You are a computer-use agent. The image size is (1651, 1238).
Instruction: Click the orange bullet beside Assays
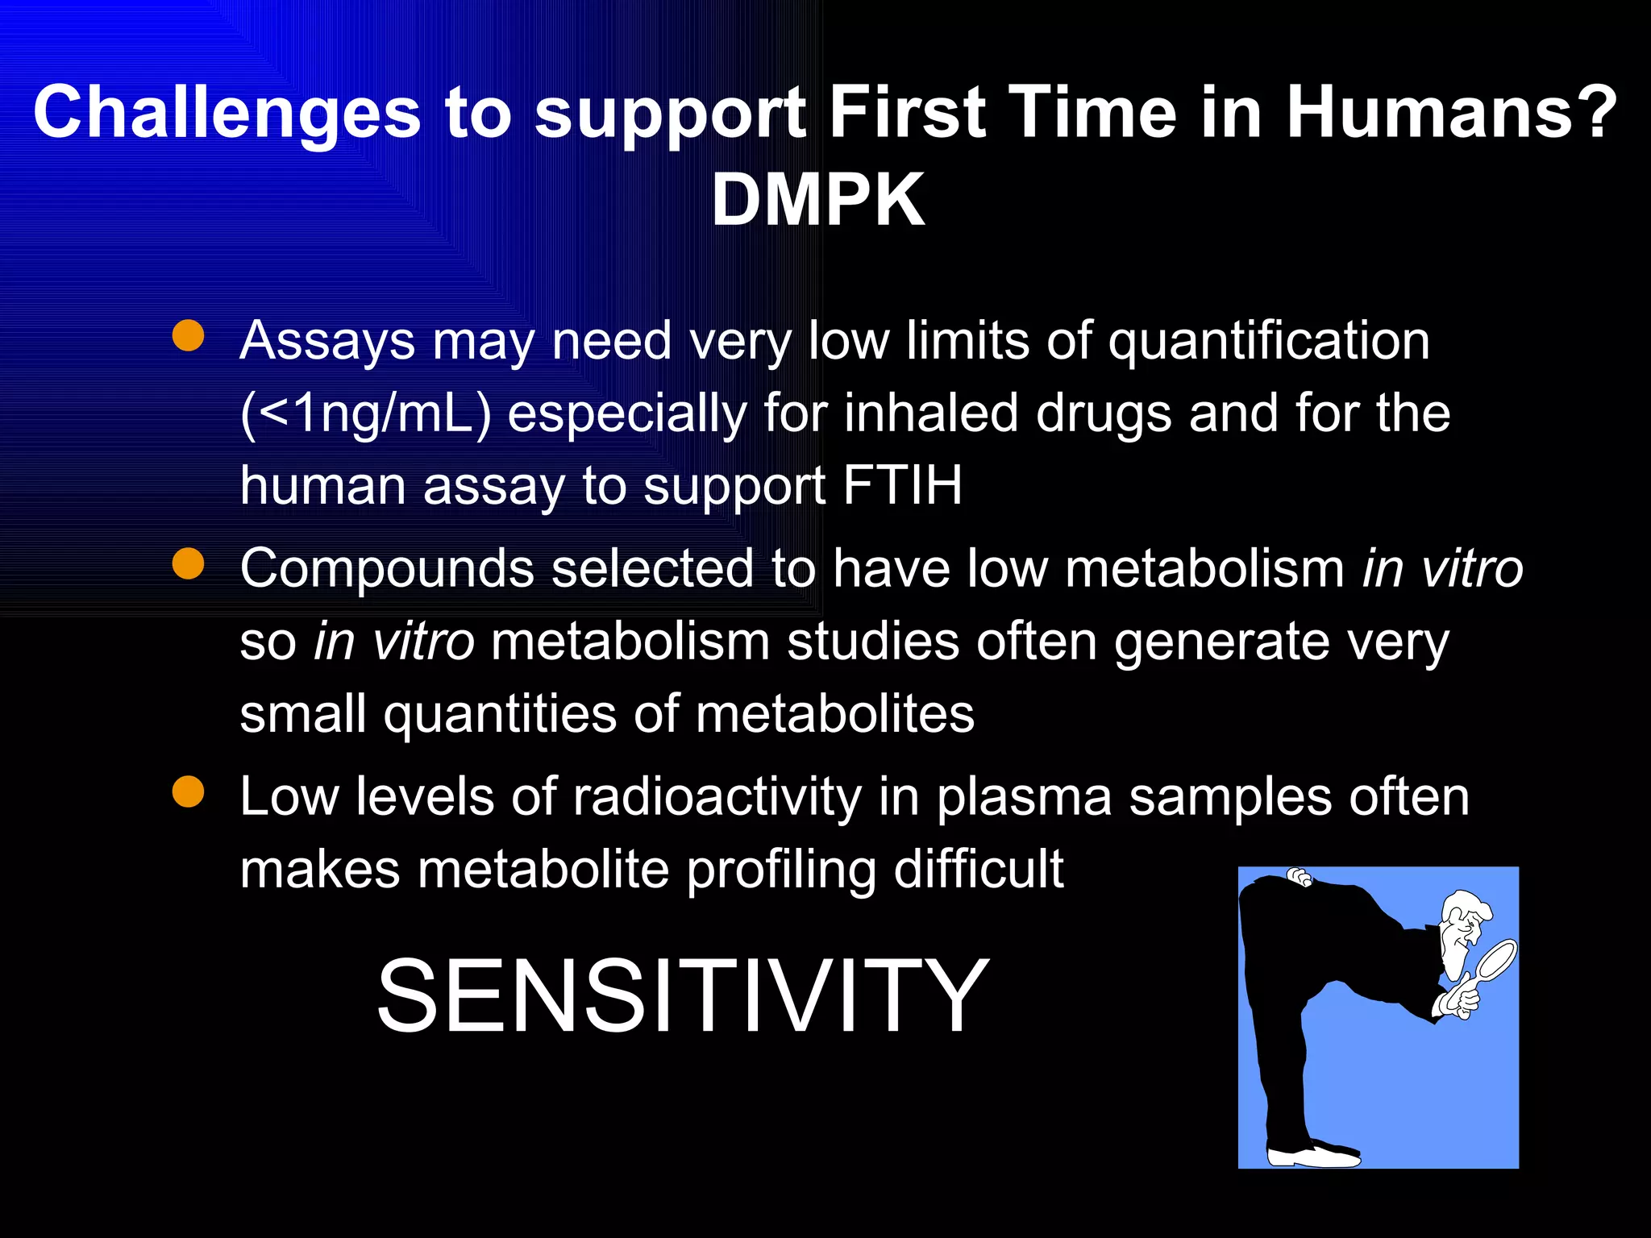[188, 336]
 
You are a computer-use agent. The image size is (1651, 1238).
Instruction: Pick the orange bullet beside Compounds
[188, 564]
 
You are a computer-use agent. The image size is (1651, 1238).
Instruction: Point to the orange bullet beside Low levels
[188, 791]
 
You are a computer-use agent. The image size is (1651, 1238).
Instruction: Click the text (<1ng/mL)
[365, 414]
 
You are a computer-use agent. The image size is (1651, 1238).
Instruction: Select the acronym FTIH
[902, 486]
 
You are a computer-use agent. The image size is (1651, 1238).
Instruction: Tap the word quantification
[1269, 341]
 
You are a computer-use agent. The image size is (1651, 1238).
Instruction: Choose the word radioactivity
[717, 797]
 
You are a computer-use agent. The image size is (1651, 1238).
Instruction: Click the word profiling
[780, 870]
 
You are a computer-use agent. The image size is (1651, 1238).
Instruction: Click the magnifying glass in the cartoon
[1491, 959]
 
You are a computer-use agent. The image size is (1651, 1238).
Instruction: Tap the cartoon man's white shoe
[1314, 1155]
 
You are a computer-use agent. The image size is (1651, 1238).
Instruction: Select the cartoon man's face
[1462, 935]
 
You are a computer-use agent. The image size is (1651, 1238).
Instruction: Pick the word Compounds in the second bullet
[387, 569]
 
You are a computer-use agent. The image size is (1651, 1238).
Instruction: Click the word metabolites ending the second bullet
[834, 715]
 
